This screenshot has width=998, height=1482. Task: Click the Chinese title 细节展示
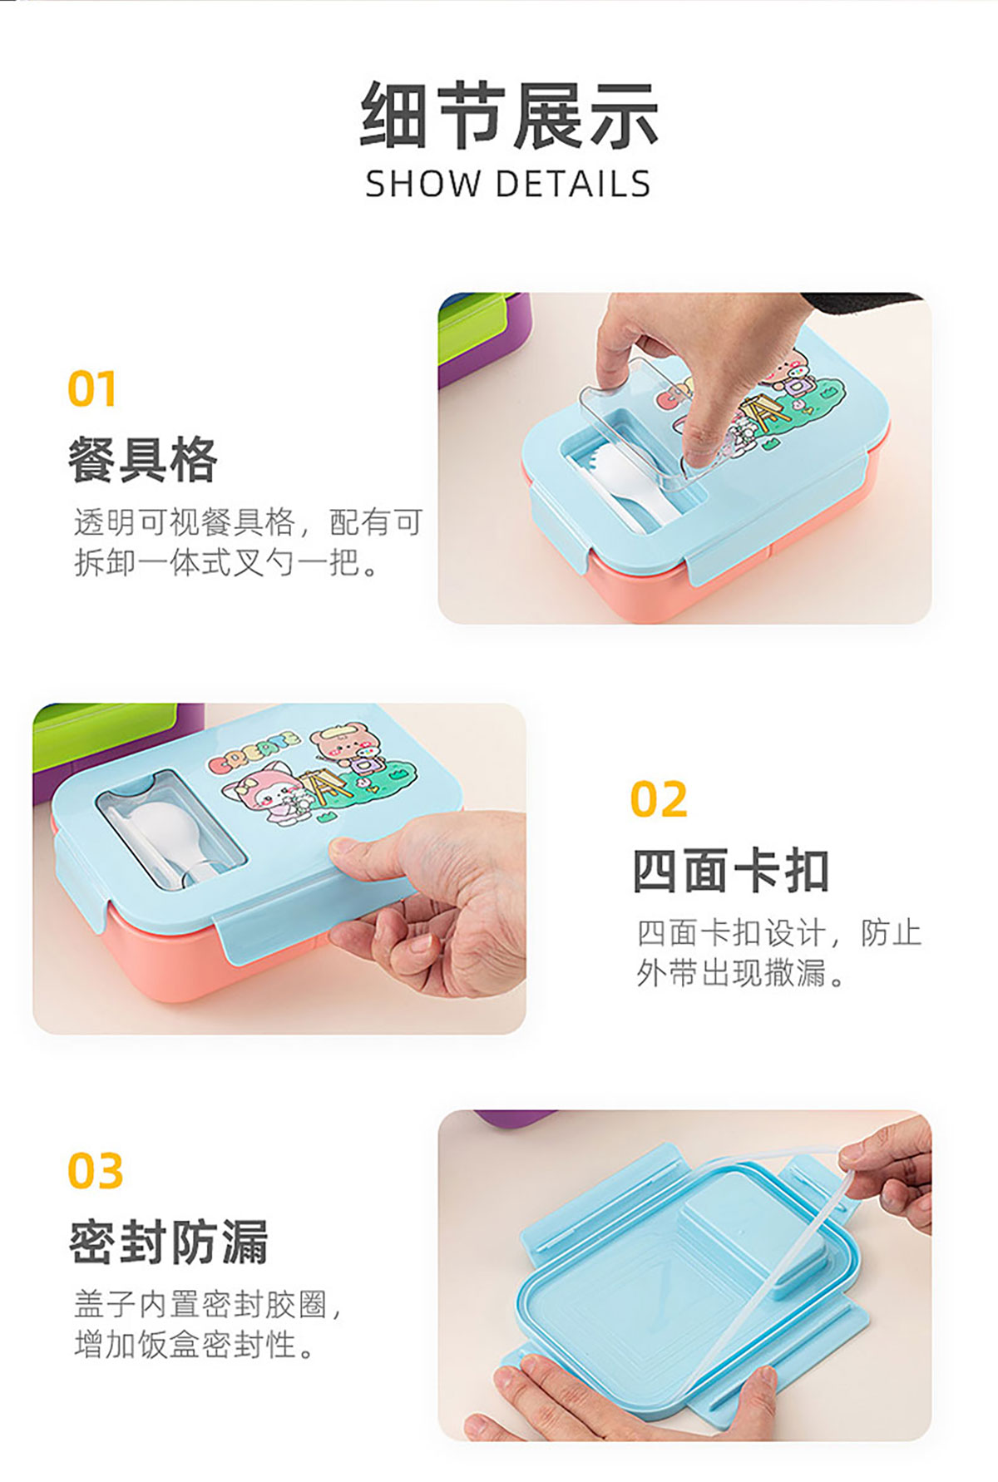(509, 116)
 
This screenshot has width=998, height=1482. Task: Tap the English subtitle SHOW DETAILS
(508, 184)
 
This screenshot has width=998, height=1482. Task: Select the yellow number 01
(91, 389)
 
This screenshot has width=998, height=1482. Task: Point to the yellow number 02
(659, 799)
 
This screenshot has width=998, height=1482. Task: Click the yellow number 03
(96, 1171)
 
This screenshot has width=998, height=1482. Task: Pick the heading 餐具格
(142, 460)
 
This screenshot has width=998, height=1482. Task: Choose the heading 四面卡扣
(731, 871)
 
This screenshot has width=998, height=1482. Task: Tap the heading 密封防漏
(169, 1242)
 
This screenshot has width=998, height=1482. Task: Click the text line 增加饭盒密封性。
(195, 1344)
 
